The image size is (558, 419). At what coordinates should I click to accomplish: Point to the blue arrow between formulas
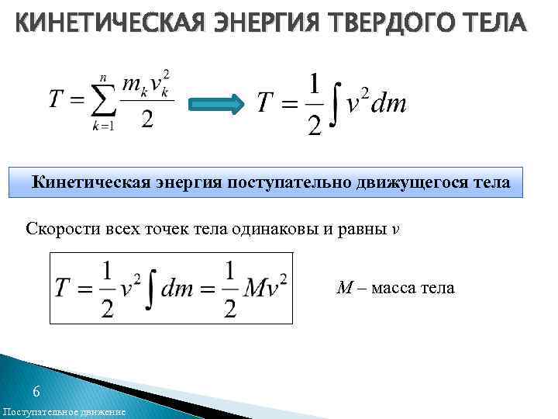218,104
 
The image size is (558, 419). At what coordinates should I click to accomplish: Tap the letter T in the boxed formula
64,288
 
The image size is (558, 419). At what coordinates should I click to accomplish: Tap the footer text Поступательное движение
64,411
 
